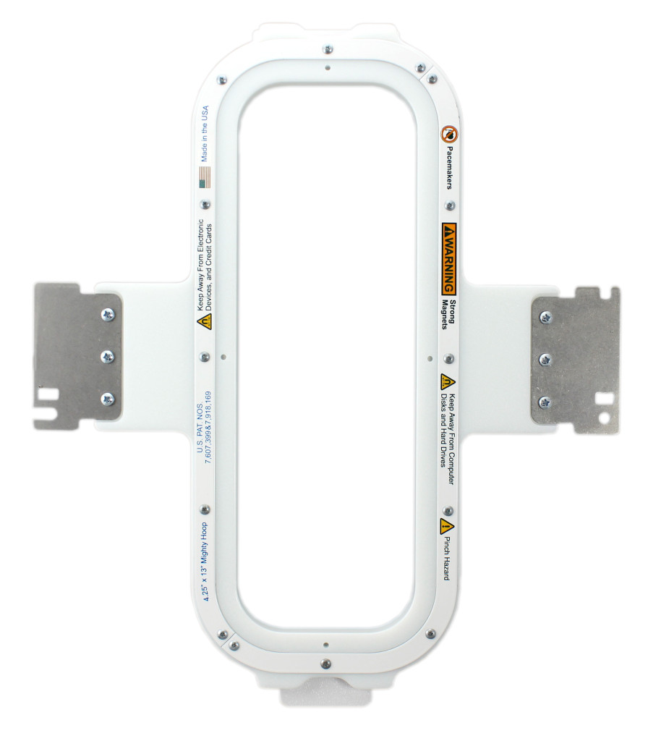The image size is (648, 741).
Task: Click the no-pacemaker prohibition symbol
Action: pos(449,134)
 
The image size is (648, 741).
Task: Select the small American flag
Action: pos(205,178)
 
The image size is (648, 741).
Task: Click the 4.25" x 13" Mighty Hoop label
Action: pos(205,561)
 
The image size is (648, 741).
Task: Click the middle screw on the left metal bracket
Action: pos(108,357)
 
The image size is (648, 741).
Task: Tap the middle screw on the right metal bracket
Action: pos(546,360)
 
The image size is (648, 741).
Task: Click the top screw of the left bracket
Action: pos(108,315)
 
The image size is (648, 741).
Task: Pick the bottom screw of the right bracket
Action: pos(545,402)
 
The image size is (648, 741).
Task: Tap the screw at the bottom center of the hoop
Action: pos(325,663)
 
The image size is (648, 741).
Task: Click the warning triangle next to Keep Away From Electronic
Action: pos(205,321)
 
